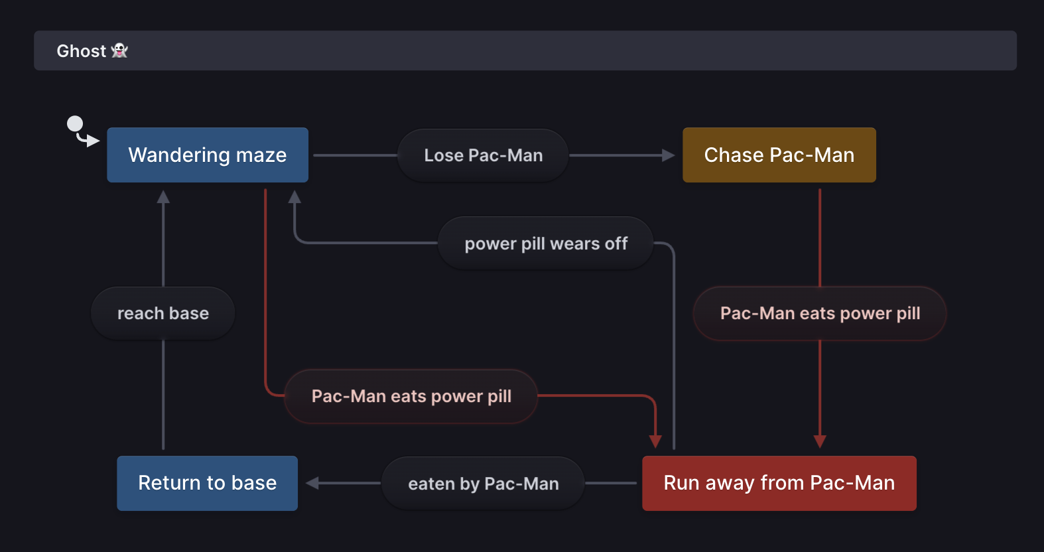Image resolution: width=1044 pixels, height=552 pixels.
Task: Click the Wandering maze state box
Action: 208,155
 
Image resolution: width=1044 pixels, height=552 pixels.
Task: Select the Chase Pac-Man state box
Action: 779,155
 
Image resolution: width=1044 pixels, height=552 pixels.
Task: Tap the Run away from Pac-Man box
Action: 779,483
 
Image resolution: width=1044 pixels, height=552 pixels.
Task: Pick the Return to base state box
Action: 208,483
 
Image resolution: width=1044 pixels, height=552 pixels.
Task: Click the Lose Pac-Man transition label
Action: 483,155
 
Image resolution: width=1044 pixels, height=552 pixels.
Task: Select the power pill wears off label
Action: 546,243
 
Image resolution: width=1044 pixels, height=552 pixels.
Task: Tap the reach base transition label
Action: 163,313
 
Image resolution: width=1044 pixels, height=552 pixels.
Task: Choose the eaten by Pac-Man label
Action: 483,484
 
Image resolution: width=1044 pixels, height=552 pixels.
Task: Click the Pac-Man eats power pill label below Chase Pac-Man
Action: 820,313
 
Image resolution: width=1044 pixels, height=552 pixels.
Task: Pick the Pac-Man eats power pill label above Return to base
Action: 411,396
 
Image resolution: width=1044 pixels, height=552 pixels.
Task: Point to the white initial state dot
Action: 75,123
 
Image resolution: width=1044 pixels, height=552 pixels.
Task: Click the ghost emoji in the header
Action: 119,50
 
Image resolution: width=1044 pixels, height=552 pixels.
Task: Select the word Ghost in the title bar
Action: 81,51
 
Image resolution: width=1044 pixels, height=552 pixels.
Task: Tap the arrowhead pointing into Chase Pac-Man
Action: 669,155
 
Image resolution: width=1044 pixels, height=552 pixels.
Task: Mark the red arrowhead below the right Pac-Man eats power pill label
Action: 820,442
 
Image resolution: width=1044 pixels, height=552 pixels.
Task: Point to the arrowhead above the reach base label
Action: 163,196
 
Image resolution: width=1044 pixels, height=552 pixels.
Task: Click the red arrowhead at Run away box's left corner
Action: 655,442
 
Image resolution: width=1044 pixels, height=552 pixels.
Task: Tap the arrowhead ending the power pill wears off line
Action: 294,196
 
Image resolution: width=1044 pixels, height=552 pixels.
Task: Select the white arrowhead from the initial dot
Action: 94,141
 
